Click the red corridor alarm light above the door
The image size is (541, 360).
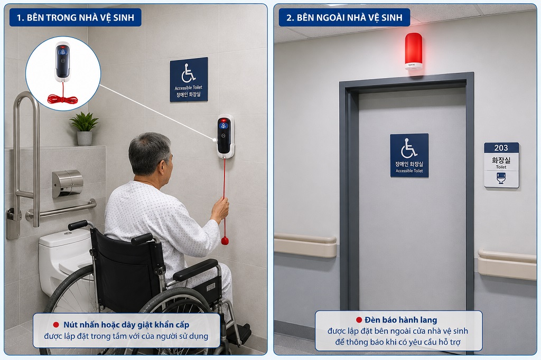[413, 51]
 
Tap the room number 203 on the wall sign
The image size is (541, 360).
[501, 148]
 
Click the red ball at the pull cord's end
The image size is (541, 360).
[225, 240]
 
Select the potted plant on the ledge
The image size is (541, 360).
[84, 128]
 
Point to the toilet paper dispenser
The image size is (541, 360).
[68, 183]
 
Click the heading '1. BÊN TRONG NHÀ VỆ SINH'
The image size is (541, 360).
[75, 17]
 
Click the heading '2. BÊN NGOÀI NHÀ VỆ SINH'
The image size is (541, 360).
[344, 17]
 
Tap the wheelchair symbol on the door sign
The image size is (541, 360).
[409, 148]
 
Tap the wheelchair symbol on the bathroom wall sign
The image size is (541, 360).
[189, 73]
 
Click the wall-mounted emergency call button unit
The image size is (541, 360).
[225, 136]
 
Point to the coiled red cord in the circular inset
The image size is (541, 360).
[62, 100]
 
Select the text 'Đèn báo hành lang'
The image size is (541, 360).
[400, 320]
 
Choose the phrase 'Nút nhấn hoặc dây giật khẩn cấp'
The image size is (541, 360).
[126, 325]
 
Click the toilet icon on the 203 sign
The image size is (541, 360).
[501, 178]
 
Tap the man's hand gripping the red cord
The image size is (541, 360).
[220, 210]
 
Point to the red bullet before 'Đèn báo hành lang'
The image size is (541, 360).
[359, 320]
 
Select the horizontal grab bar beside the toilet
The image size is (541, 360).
[61, 210]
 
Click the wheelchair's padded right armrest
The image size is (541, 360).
[195, 269]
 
